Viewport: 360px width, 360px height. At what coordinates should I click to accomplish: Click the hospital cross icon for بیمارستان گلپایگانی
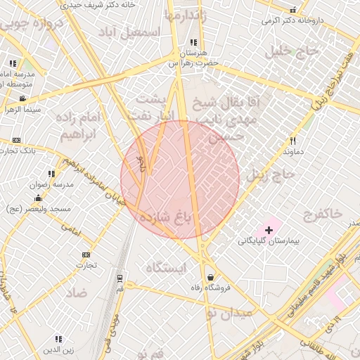click(x=269, y=230)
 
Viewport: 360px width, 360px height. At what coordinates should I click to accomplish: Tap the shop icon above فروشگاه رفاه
click(x=211, y=276)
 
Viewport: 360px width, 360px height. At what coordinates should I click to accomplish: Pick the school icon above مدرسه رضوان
click(x=51, y=173)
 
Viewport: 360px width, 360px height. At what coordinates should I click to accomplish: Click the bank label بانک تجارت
click(x=18, y=150)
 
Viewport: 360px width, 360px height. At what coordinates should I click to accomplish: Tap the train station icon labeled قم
click(x=119, y=278)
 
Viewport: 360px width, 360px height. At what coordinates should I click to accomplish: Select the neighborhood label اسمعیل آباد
click(x=130, y=32)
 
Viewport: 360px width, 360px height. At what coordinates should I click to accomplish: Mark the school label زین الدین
click(x=58, y=349)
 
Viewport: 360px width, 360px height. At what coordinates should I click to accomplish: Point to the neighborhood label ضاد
click(x=77, y=293)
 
